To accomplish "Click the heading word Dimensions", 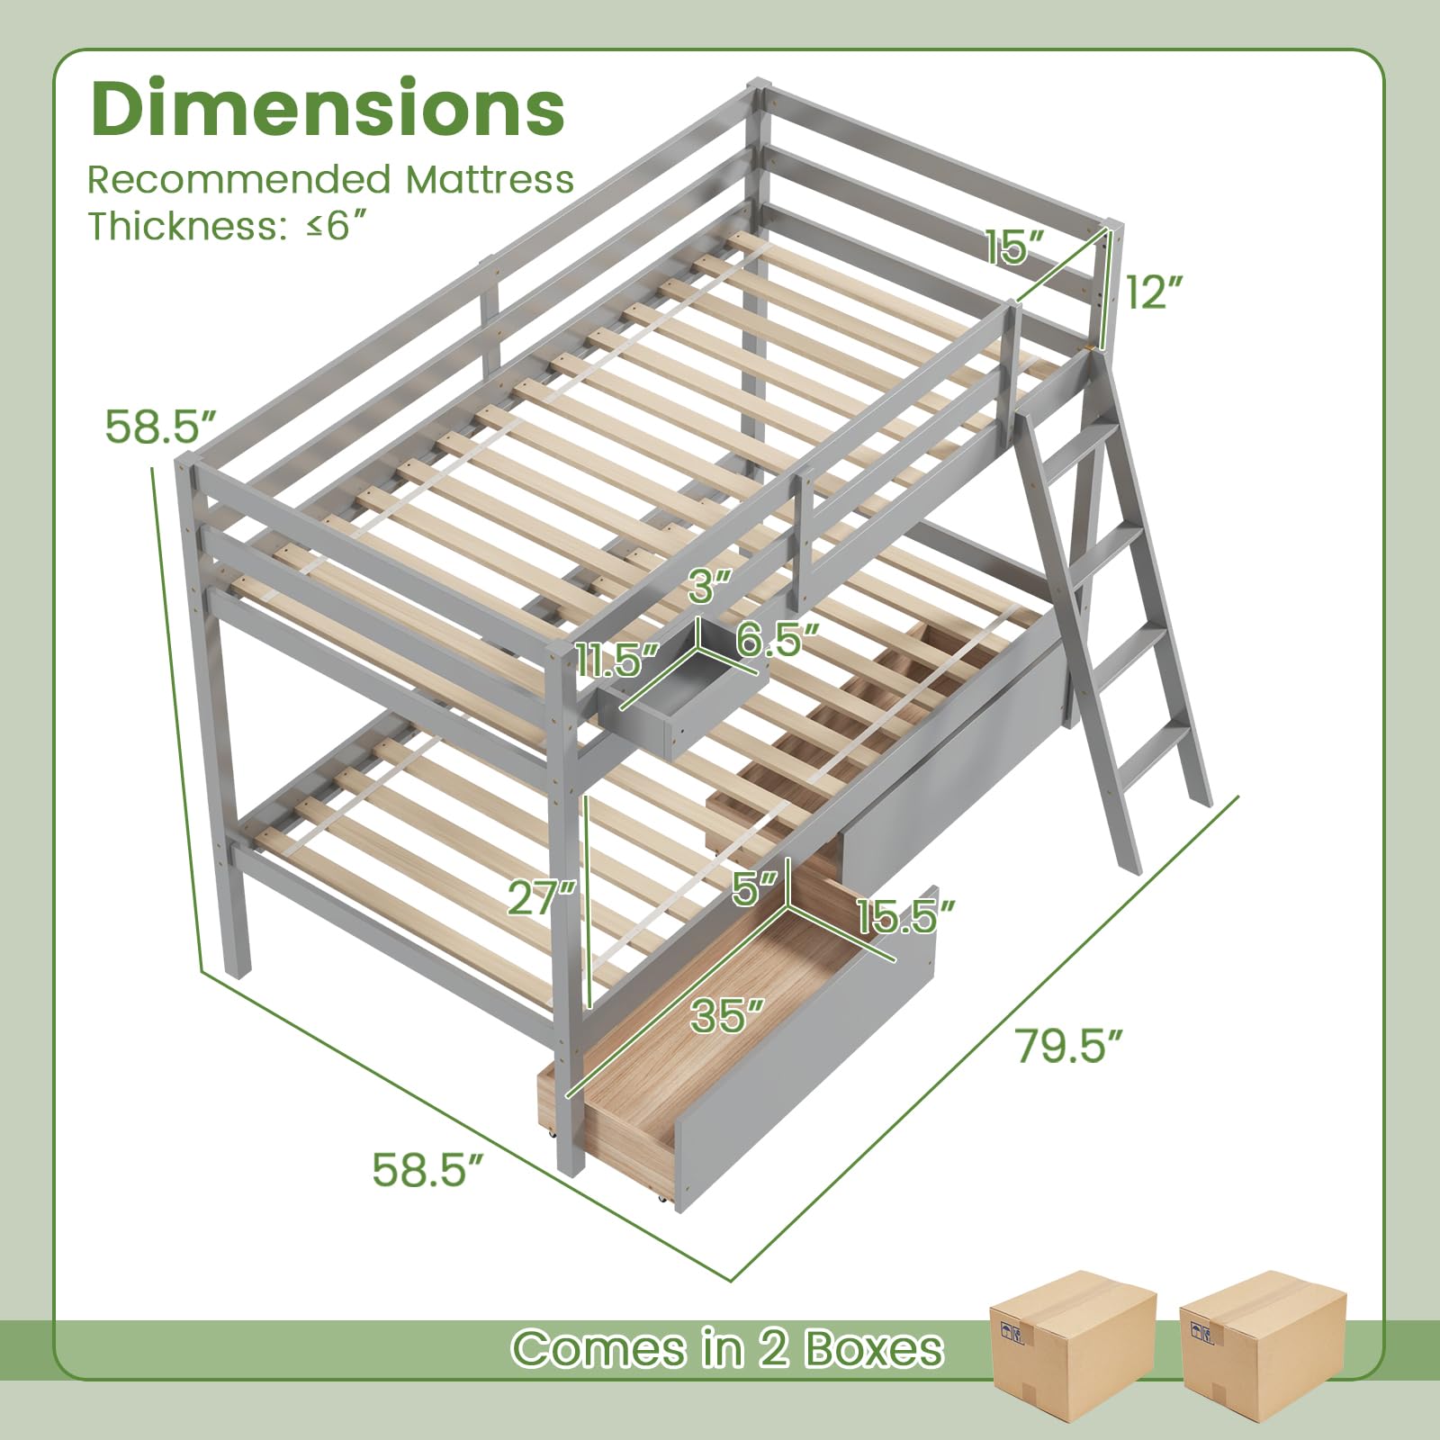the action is coord(328,108).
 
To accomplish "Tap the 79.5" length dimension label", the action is coord(1070,1045).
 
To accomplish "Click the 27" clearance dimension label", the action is coord(541,897).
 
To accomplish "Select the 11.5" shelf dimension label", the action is coord(618,661).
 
